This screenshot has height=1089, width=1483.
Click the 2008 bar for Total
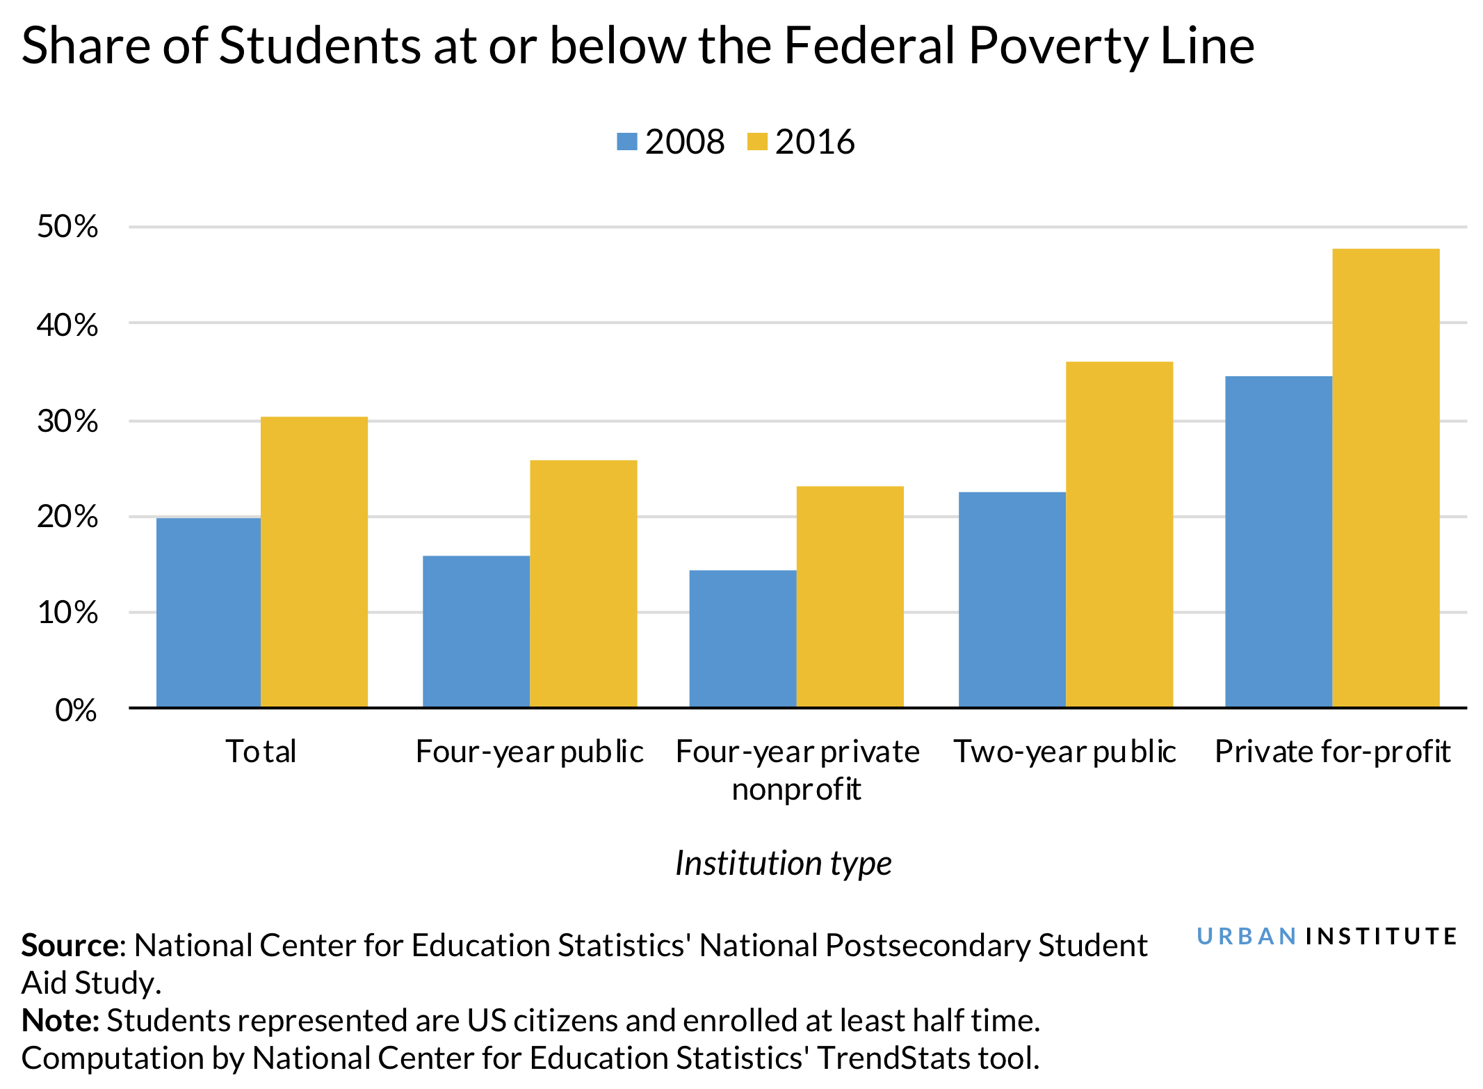click(209, 613)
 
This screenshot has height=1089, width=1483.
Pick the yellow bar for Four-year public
click(583, 584)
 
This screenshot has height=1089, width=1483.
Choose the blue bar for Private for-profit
click(1279, 542)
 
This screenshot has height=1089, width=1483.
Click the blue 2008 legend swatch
click(626, 142)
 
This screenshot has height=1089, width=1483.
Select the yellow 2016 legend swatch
click(756, 142)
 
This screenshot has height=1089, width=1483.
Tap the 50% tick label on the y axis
click(67, 227)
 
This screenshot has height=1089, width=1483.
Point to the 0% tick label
click(76, 710)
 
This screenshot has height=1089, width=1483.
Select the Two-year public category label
click(1064, 752)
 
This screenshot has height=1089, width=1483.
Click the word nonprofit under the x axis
click(796, 789)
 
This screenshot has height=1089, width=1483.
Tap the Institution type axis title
click(784, 863)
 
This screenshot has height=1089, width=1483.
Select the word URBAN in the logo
click(1246, 937)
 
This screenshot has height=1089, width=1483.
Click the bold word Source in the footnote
click(70, 946)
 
